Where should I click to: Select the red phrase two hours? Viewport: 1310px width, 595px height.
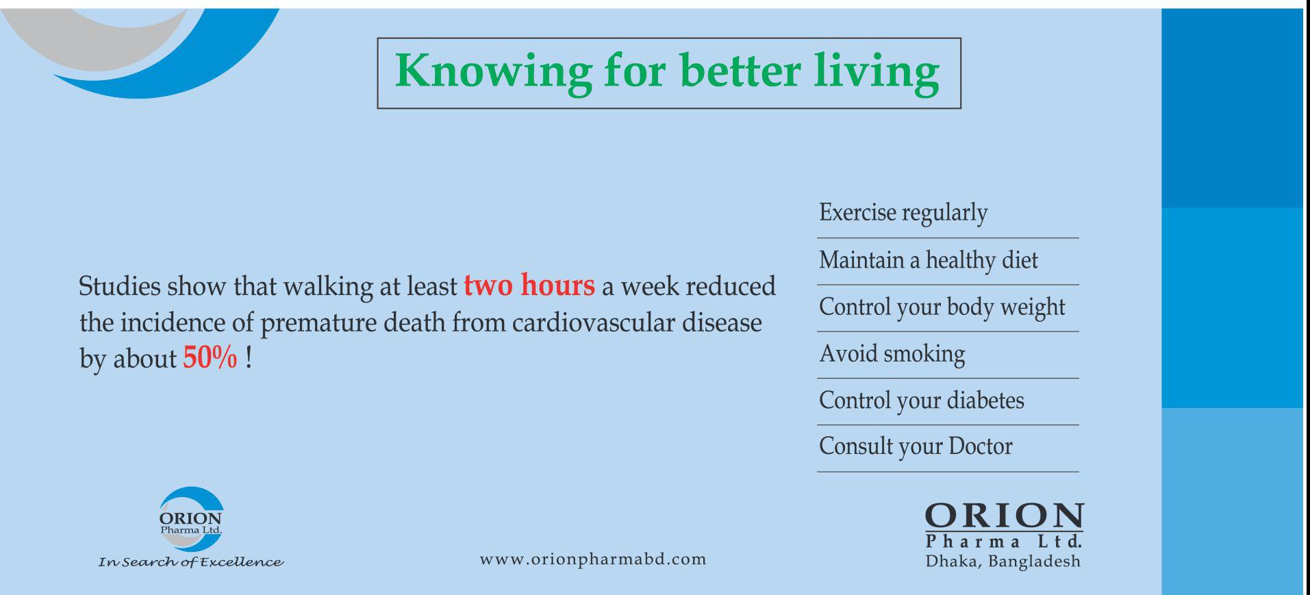[529, 285]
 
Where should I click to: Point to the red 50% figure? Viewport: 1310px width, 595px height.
[210, 357]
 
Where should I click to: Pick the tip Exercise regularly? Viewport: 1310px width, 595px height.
[903, 213]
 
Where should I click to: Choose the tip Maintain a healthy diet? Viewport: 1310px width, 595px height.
[928, 260]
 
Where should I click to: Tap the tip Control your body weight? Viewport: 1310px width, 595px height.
[942, 307]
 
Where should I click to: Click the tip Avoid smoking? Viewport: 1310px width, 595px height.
[892, 354]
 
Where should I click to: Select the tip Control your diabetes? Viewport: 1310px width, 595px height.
[922, 401]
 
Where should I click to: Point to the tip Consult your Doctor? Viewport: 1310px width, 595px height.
[916, 446]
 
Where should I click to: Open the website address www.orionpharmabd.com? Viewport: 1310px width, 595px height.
[593, 559]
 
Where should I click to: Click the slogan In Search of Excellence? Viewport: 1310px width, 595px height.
[191, 562]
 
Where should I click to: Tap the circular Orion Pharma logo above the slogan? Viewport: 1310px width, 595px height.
[191, 520]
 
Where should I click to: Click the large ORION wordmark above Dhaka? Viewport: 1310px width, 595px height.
[1004, 516]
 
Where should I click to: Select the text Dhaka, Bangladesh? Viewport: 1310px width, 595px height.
[1003, 561]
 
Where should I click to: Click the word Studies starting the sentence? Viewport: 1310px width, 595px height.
[119, 286]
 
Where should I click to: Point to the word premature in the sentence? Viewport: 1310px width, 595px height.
[318, 323]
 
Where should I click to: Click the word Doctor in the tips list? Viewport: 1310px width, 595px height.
[981, 446]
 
